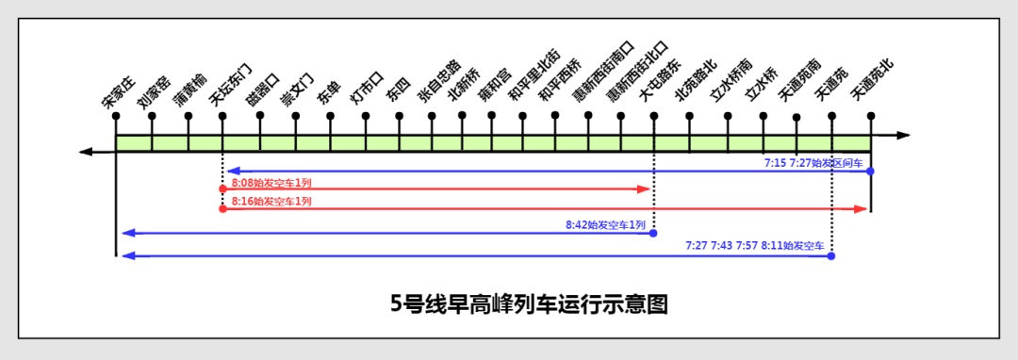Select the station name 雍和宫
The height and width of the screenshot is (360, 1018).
(x=495, y=83)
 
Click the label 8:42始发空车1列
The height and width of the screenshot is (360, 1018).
(x=605, y=225)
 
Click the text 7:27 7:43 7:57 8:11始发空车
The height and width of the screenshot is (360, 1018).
(x=755, y=246)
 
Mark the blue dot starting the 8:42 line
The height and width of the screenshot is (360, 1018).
(x=654, y=232)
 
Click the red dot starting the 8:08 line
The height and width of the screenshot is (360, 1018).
(x=222, y=189)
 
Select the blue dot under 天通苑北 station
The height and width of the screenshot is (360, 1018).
(x=870, y=171)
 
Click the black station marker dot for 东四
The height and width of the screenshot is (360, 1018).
(x=399, y=117)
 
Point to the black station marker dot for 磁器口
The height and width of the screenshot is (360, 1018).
(x=259, y=117)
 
